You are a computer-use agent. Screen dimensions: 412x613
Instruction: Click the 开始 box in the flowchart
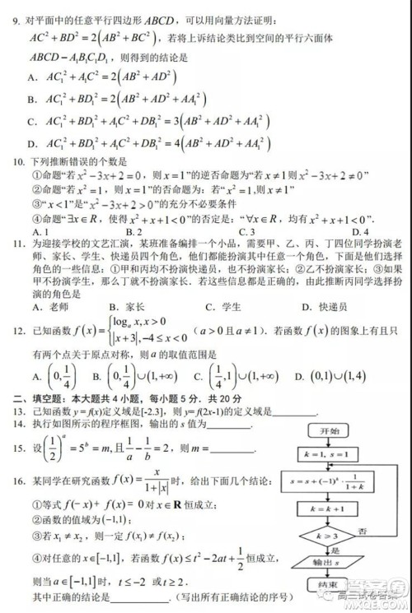(x=329, y=430)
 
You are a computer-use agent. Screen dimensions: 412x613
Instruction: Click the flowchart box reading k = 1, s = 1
(x=329, y=453)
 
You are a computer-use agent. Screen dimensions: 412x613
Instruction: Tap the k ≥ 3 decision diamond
(x=329, y=536)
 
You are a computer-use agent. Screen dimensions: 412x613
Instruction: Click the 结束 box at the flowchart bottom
(x=329, y=586)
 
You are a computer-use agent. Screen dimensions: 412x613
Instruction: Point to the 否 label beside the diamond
(x=363, y=531)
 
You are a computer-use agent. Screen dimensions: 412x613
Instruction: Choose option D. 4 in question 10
(x=358, y=231)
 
